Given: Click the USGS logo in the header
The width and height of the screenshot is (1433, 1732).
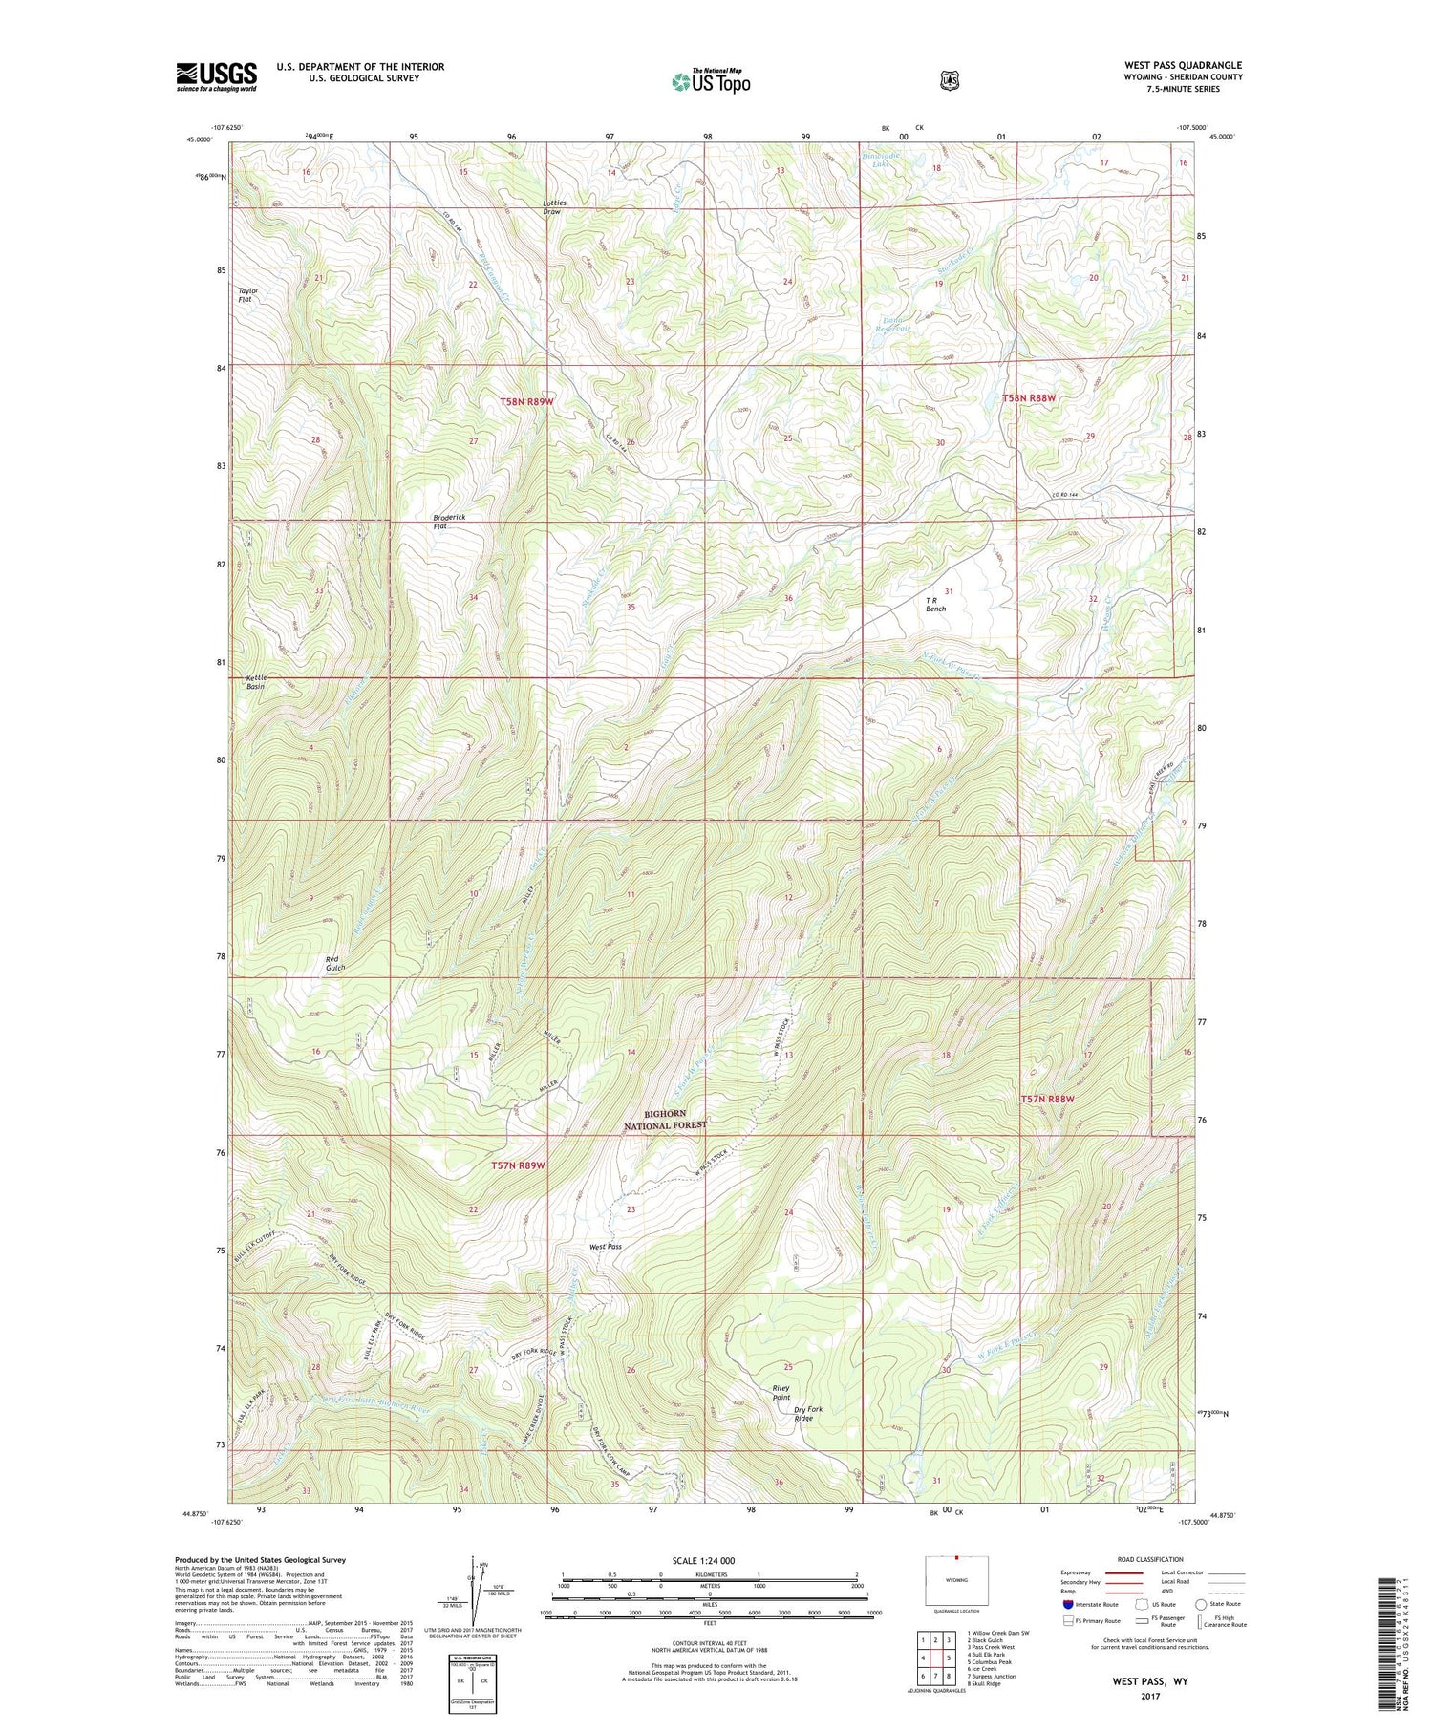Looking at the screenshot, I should point(216,76).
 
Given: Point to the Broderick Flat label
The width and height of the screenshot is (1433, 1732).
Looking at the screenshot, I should point(449,522).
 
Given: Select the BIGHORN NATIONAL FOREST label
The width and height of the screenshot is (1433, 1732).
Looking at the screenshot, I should point(665,1119).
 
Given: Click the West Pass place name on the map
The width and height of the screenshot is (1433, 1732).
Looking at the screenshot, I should point(606,1247).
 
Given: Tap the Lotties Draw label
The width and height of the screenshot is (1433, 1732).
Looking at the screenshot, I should point(554,206).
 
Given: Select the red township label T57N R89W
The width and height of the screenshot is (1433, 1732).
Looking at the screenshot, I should point(518,1165).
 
